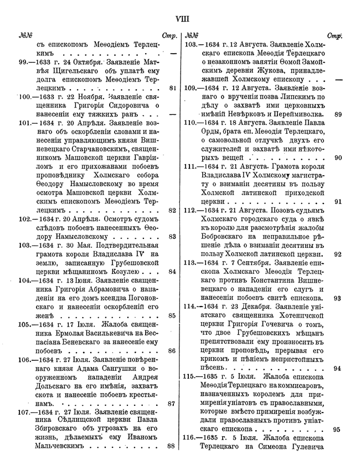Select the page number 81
pyautogui.click(x=172, y=88)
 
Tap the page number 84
pyautogui.click(x=172, y=272)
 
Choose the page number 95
pyautogui.click(x=337, y=429)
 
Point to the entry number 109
pyautogui.click(x=192, y=88)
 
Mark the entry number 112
pyautogui.click(x=192, y=210)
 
